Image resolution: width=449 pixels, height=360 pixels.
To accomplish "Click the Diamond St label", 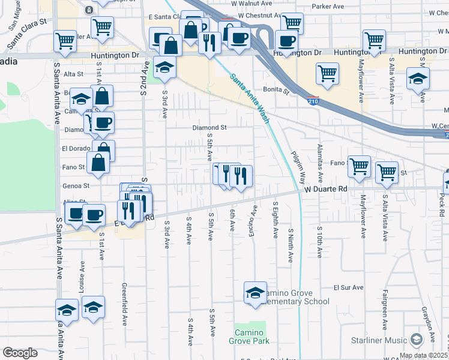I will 209,128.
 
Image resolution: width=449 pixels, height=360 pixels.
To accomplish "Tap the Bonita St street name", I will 279,91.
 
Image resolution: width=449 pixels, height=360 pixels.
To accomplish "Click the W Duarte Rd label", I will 326,188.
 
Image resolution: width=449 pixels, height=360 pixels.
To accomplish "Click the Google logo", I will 20,353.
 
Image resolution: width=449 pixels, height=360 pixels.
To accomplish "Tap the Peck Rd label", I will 441,204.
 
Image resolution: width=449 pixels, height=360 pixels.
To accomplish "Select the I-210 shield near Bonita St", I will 313,99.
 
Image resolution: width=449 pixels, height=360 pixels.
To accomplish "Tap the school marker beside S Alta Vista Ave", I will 418,78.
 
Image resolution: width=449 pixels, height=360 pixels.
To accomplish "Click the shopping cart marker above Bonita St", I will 327,73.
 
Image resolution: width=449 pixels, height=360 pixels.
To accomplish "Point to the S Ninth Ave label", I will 290,245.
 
